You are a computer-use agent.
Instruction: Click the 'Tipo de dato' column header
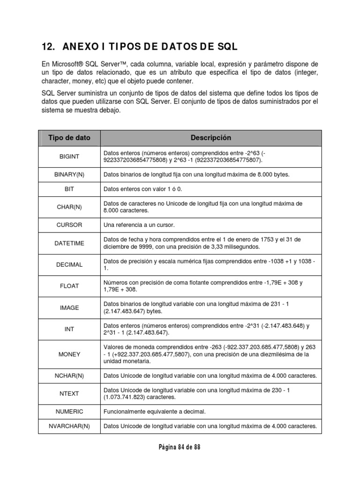click(x=69, y=138)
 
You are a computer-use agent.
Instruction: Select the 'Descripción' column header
click(x=211, y=138)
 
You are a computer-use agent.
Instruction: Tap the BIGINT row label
click(x=69, y=157)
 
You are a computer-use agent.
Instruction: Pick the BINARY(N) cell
click(x=69, y=174)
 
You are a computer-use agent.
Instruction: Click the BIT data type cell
click(x=69, y=189)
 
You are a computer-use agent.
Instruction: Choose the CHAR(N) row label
click(x=69, y=207)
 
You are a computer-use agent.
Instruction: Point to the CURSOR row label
click(x=69, y=225)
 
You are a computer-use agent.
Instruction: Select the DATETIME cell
click(x=69, y=243)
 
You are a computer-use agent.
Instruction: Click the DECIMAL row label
click(x=69, y=264)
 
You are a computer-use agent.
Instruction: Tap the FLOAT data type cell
click(x=69, y=286)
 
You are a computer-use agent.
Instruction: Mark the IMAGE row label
click(x=69, y=308)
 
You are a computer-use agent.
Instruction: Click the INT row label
click(x=69, y=329)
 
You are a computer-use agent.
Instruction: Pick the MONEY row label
click(x=69, y=354)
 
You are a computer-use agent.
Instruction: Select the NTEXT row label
click(x=69, y=394)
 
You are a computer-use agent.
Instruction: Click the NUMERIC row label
click(x=69, y=412)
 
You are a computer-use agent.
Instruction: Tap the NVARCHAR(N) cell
click(x=69, y=427)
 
